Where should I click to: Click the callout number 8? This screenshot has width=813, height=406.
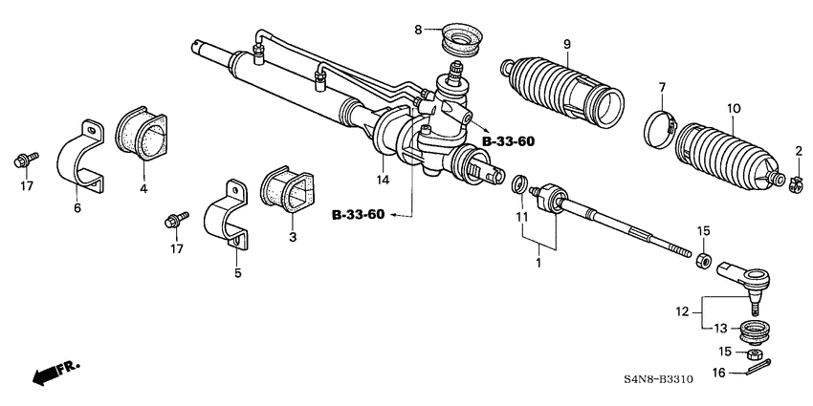pos(417,30)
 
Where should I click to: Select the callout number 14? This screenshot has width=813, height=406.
pos(382,179)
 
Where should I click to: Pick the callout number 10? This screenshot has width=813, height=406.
pos(733,108)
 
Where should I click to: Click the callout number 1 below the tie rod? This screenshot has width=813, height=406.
pos(540,261)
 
